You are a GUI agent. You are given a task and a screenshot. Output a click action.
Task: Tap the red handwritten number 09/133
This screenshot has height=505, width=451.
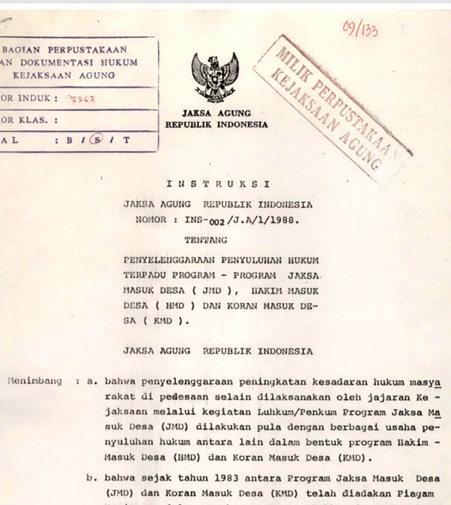pyautogui.click(x=360, y=29)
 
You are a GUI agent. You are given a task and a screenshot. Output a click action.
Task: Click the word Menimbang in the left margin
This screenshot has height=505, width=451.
pyautogui.click(x=34, y=380)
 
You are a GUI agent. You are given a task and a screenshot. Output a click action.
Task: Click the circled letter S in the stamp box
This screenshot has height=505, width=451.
pyautogui.click(x=98, y=141)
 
